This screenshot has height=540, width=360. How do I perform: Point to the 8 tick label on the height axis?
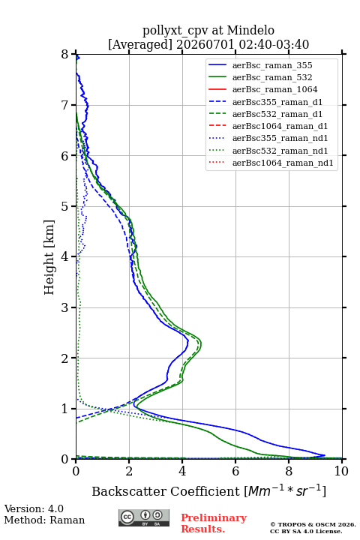pyautogui.click(x=65, y=55)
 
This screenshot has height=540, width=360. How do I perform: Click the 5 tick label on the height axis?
pyautogui.click(x=65, y=207)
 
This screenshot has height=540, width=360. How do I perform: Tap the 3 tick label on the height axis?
pyautogui.click(x=65, y=307)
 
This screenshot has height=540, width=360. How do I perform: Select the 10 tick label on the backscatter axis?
pyautogui.click(x=341, y=471)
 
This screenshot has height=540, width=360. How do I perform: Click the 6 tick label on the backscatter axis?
pyautogui.click(x=235, y=471)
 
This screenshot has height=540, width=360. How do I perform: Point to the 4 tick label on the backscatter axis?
pyautogui.click(x=182, y=471)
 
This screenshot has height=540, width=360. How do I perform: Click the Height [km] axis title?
pyautogui.click(x=49, y=257)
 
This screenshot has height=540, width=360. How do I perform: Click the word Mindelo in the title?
pyautogui.click(x=250, y=30)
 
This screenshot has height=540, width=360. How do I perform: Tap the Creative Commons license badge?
pyautogui.click(x=144, y=517)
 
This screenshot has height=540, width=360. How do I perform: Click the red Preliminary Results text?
pyautogui.click(x=214, y=523)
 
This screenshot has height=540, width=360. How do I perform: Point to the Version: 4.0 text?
pyautogui.click(x=34, y=508)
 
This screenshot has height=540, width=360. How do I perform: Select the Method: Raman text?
pyautogui.click(x=44, y=520)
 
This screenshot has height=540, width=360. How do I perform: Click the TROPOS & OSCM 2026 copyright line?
pyautogui.click(x=313, y=524)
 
